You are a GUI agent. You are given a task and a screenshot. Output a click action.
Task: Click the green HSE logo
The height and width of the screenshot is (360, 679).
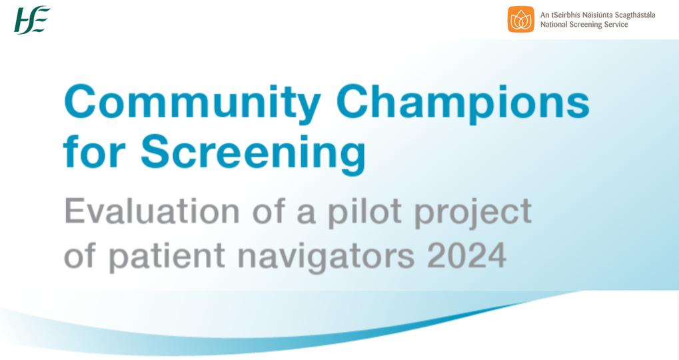click(32, 19)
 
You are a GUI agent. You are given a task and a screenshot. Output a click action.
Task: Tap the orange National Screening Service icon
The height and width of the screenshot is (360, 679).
click(520, 19)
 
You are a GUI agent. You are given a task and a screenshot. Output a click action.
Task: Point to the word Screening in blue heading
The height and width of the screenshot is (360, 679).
click(253, 153)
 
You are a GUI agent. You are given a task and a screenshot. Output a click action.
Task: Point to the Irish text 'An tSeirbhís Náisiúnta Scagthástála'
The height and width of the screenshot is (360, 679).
click(597, 15)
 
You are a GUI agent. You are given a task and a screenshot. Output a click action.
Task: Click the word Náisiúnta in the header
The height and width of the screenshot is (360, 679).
click(588, 15)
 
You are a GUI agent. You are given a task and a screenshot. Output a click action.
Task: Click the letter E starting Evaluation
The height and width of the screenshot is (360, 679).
click(74, 211)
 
